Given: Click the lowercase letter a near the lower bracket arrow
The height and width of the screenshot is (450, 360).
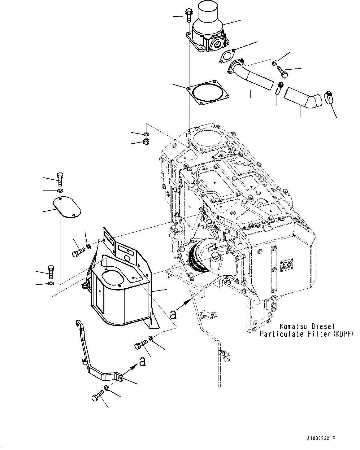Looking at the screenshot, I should point(142,361).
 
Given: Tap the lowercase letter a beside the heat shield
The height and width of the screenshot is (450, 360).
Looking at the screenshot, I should point(173,314).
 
